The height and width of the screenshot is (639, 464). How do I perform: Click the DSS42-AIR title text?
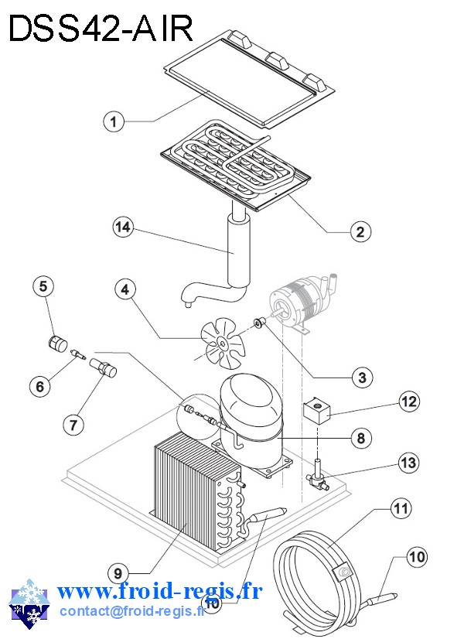[100, 29]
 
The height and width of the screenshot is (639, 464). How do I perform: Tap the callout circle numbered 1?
[113, 121]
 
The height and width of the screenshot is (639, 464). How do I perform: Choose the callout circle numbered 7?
[73, 424]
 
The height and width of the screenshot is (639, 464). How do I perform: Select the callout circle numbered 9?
[118, 573]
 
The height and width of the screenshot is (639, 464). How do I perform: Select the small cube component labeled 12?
[318, 410]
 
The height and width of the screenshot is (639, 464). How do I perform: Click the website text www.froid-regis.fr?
[159, 592]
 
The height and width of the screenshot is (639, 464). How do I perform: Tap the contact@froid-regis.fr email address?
[131, 610]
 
